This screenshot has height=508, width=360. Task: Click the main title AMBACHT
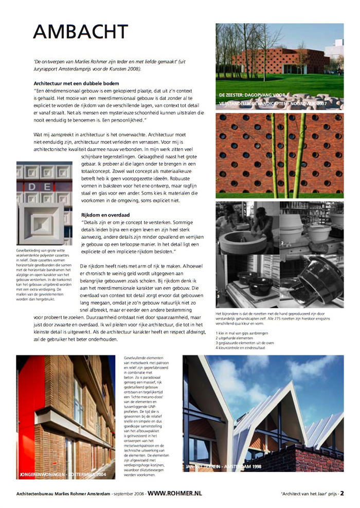point(80,31)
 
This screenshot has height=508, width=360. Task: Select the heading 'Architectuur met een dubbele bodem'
point(77,83)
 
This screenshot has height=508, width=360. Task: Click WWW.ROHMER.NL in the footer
point(175,493)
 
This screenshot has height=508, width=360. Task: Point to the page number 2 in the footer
point(342,493)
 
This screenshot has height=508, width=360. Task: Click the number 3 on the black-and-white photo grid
point(219,296)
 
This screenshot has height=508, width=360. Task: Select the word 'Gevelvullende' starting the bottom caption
point(138,357)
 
